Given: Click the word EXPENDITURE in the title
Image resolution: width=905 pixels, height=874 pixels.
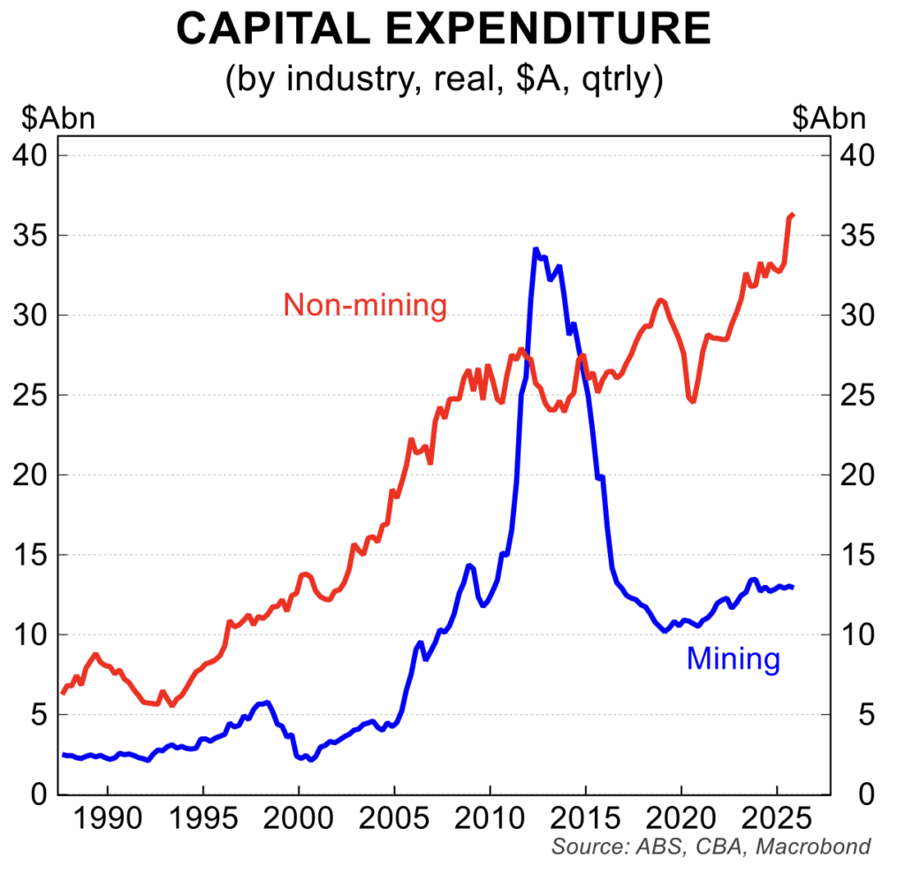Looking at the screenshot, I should pos(571,28).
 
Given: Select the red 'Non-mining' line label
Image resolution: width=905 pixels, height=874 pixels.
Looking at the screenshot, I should pos(365,306).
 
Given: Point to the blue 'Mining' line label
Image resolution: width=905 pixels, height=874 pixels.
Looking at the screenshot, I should pos(734,658).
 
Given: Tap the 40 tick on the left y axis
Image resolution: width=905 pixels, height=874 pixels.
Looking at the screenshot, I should pos(33,156).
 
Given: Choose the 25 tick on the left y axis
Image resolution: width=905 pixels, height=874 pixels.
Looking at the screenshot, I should pos(33,395).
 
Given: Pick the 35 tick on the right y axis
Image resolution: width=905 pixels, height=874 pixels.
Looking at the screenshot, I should pos(853,236).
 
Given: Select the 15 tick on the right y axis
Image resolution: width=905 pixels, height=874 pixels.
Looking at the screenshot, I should pos(853,555).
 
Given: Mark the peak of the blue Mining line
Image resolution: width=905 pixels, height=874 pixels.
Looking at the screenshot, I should pos(536,250).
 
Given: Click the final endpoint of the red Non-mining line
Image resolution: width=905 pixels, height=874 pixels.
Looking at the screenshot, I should pos(793,215).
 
